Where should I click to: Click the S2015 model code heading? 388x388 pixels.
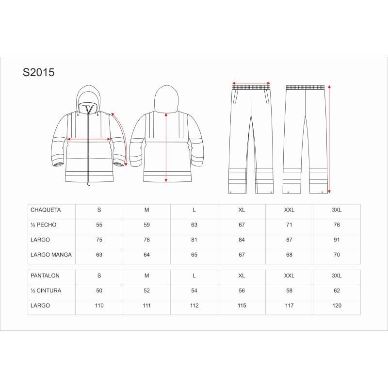39,72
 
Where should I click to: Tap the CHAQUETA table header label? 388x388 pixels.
46,210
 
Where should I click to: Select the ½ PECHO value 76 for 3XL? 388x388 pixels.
337,225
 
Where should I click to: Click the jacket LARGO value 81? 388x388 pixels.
194,240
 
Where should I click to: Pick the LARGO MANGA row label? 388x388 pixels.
51,255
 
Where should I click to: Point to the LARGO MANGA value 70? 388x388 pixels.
337,255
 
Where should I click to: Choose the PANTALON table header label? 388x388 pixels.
45,275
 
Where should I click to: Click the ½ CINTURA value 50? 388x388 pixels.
99,291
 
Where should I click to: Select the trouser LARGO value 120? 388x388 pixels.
337,306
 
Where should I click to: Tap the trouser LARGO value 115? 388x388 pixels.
242,306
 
